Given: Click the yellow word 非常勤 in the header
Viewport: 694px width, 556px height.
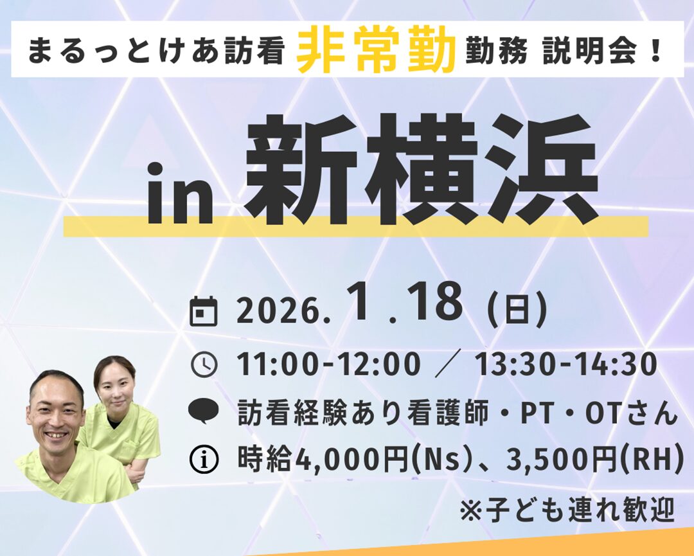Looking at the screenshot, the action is (x=376, y=49).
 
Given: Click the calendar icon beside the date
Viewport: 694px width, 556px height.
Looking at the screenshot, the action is (x=204, y=312).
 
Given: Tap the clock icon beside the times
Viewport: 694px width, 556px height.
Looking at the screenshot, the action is (x=204, y=364).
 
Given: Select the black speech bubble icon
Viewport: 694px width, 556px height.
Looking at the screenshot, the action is (x=204, y=411).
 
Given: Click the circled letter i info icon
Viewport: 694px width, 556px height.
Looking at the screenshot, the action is (x=204, y=460).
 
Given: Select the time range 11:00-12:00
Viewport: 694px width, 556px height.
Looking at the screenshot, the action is (x=329, y=364).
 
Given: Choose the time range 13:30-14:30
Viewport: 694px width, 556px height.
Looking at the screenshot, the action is (x=566, y=364).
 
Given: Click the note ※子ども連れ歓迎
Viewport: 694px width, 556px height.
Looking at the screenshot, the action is (x=567, y=510).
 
